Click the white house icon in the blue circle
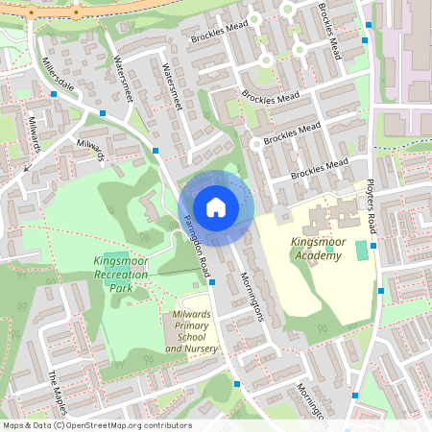click(x=216, y=206)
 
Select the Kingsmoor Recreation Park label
click(x=121, y=275)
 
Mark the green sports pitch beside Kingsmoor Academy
click(x=361, y=251)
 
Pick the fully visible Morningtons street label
click(x=250, y=293)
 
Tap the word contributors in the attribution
click(x=167, y=425)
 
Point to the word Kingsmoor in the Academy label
click(x=316, y=242)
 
